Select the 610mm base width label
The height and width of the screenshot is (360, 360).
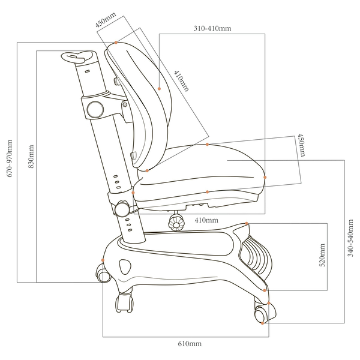[189, 344]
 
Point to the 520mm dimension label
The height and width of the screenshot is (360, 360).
[322, 255]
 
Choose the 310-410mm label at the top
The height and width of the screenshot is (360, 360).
[212, 28]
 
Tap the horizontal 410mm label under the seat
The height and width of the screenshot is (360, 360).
[206, 220]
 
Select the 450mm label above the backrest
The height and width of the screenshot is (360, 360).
[106, 21]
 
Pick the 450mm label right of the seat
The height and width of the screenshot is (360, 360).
[301, 145]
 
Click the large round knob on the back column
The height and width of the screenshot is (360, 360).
[94, 109]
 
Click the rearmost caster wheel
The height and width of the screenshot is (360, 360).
[101, 274]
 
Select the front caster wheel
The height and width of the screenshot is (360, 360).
[262, 313]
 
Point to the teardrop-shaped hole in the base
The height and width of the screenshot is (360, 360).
[125, 265]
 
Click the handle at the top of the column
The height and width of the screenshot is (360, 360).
[78, 58]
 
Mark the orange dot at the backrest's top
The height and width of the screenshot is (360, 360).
[116, 43]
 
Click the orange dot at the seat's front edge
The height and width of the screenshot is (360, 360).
[265, 177]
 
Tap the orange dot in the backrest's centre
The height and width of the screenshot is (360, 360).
[160, 89]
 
